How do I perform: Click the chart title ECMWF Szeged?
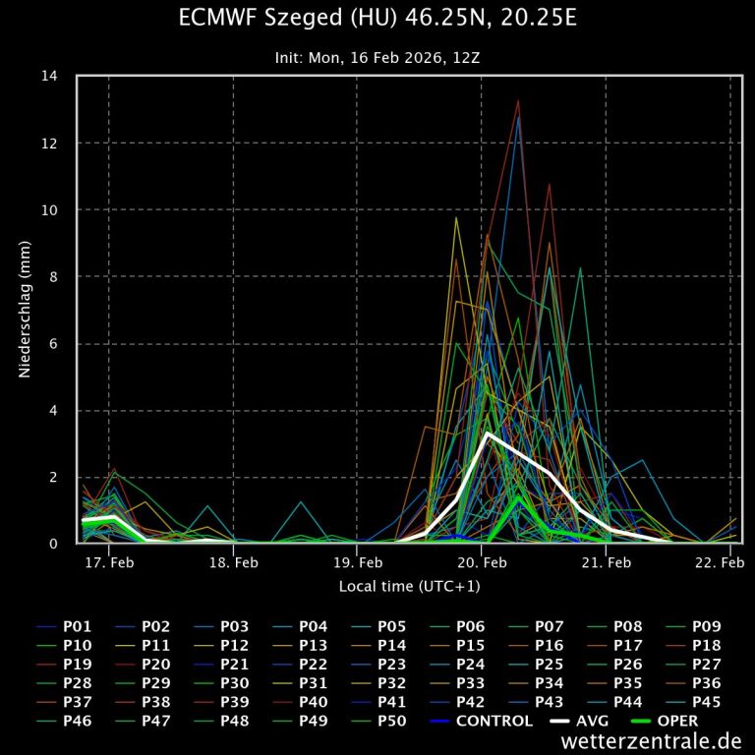[377, 19]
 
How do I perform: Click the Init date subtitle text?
[377, 58]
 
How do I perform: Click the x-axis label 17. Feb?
[109, 563]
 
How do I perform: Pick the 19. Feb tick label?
[358, 563]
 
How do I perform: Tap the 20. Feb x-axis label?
[482, 563]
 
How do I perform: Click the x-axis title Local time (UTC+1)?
[410, 586]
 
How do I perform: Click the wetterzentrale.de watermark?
[651, 741]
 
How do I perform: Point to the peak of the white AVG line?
[487, 433]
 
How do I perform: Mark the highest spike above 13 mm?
[518, 100]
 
